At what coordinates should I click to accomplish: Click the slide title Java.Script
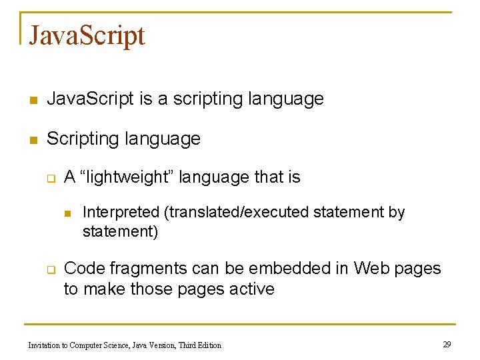[x=87, y=35]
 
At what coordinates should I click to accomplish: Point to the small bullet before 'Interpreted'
[x=67, y=213]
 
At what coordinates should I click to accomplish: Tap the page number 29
[x=447, y=344]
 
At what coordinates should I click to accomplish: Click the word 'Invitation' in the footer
[x=43, y=345]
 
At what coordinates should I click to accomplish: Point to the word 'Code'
[x=84, y=268]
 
